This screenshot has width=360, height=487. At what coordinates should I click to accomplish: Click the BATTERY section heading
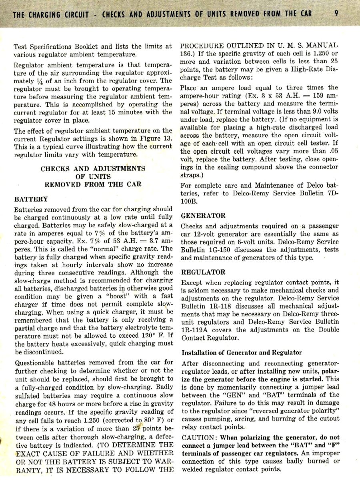coord(31,199)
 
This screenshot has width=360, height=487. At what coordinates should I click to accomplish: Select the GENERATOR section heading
coord(203,216)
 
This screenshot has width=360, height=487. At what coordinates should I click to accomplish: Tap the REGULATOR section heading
coord(203,272)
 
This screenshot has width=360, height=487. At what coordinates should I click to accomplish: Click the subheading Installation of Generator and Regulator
coord(242,353)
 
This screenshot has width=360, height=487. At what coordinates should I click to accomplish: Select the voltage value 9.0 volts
coord(315,112)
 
